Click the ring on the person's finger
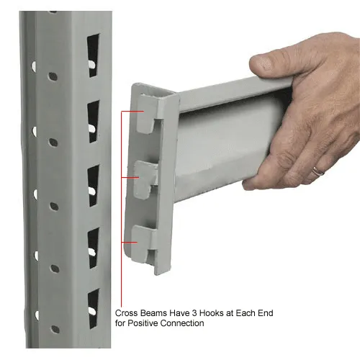(318, 171)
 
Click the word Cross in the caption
(128, 314)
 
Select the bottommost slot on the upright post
(93, 305)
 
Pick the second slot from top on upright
(93, 120)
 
